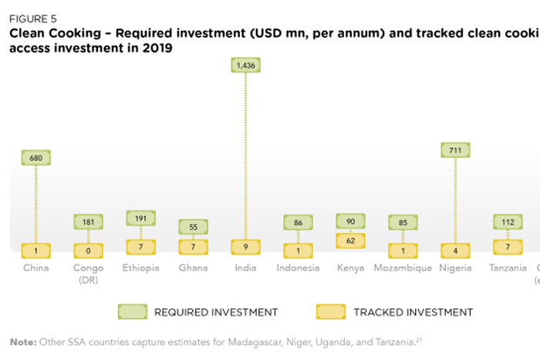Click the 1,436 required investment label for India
coord(245,66)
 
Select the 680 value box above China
coord(35,158)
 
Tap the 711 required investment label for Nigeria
coord(455,150)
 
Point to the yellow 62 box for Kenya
coord(350,240)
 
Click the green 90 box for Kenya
coord(350,221)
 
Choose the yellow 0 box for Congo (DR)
coord(88,250)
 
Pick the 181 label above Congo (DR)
coord(88,222)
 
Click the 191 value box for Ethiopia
coord(140,218)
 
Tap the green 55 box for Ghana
coord(193,227)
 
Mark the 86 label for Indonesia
coord(298,222)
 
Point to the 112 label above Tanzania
coord(508,222)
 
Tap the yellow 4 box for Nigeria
coord(455,250)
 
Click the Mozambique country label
coord(403,268)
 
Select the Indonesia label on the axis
coord(298,268)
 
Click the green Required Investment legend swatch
coord(132,311)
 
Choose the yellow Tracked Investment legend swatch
coord(331,311)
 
